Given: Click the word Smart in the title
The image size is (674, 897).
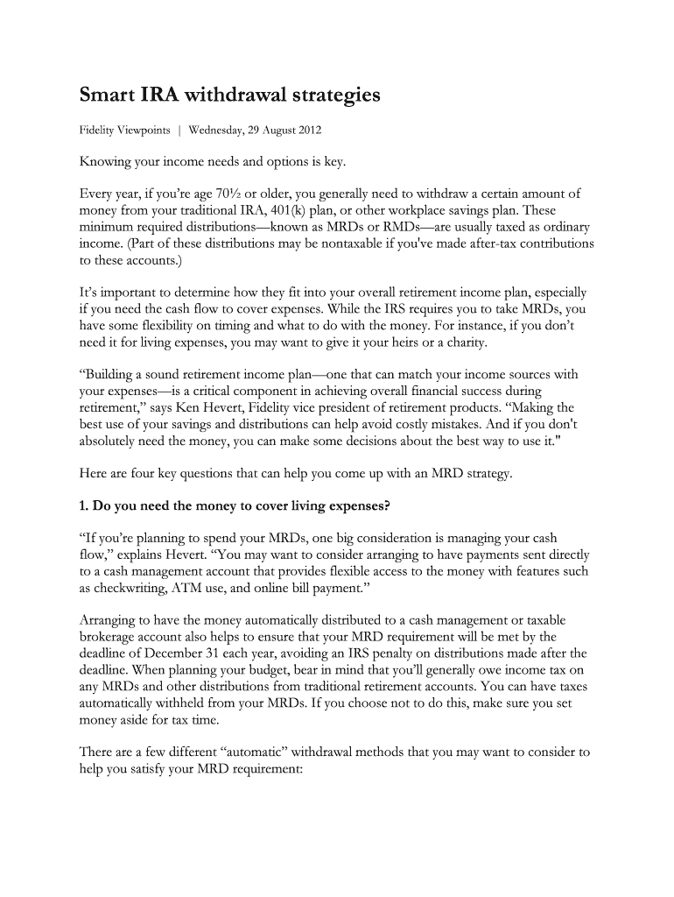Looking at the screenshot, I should click(x=106, y=95).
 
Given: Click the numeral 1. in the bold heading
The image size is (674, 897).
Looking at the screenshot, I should click(x=85, y=505).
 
